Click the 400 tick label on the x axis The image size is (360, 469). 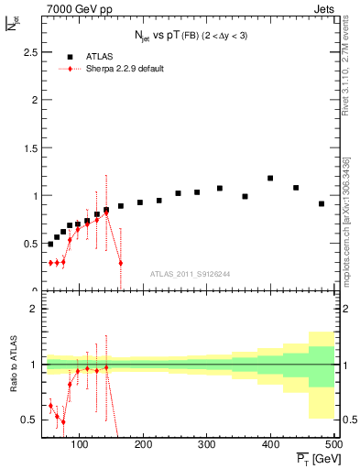(x=270, y=445)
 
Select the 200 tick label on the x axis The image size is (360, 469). (x=142, y=445)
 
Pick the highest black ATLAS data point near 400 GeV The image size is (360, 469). (x=270, y=178)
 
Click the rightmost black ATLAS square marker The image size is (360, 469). (x=322, y=203)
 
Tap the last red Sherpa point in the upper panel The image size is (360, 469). (x=121, y=263)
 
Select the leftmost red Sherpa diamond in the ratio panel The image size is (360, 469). (x=50, y=405)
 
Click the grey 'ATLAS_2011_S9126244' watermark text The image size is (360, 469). (x=190, y=273)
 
